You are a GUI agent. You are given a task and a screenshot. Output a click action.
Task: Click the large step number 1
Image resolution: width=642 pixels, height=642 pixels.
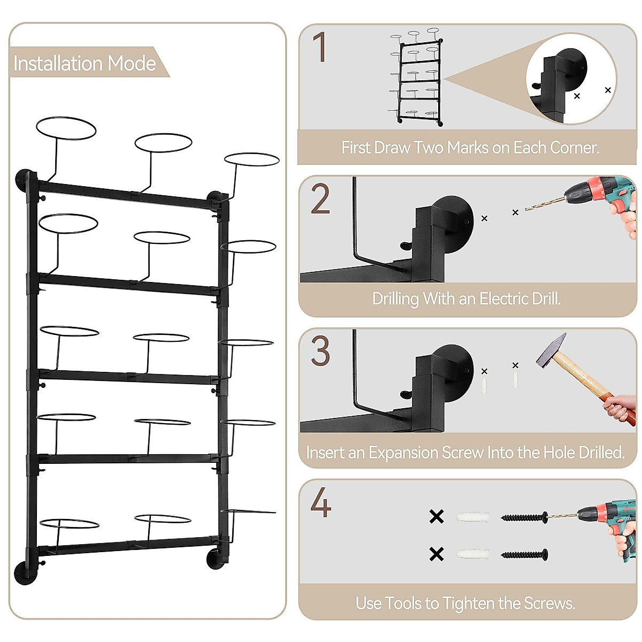point(319,48)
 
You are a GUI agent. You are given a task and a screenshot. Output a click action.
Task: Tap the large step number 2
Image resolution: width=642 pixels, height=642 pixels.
point(320,200)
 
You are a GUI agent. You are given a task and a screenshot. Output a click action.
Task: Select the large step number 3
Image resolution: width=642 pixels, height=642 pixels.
point(320,351)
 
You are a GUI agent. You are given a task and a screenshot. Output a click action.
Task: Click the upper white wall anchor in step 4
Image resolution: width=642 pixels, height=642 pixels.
point(473,517)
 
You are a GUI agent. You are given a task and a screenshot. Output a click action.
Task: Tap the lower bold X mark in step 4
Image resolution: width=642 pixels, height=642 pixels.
point(437,554)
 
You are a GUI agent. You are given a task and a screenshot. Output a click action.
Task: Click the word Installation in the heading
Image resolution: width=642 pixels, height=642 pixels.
point(58,64)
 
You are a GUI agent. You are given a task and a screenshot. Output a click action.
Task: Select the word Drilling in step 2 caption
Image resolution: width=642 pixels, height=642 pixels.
point(395,299)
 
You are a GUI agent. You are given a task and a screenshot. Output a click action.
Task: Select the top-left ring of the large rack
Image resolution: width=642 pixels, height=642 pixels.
point(66,129)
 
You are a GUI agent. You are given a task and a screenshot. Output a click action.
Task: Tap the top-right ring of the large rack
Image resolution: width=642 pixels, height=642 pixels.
point(251,159)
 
